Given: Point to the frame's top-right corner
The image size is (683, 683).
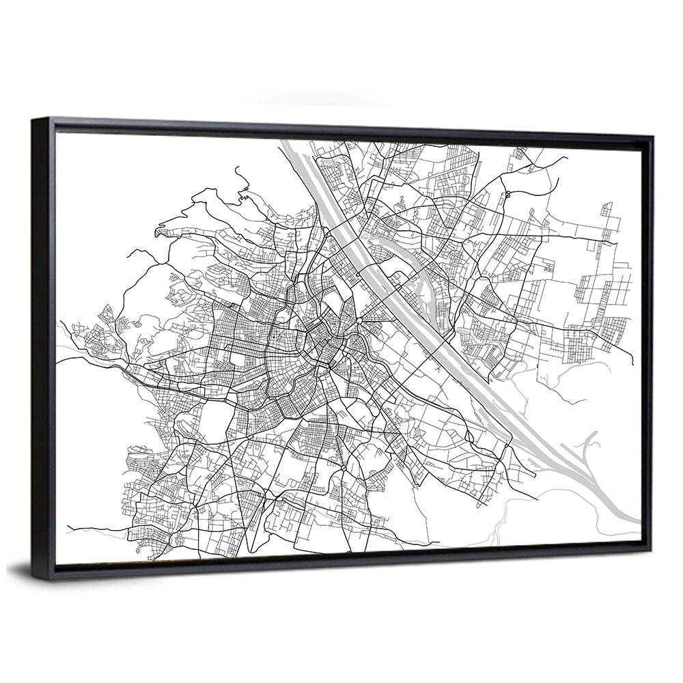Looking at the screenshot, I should (x=652, y=137).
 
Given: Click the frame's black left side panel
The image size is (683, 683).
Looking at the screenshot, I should (x=42, y=348).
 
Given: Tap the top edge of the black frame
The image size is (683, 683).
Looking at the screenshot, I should (x=341, y=127).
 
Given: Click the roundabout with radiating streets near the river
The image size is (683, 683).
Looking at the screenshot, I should (x=360, y=320).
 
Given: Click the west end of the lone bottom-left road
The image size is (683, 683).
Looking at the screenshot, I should (x=68, y=528).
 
